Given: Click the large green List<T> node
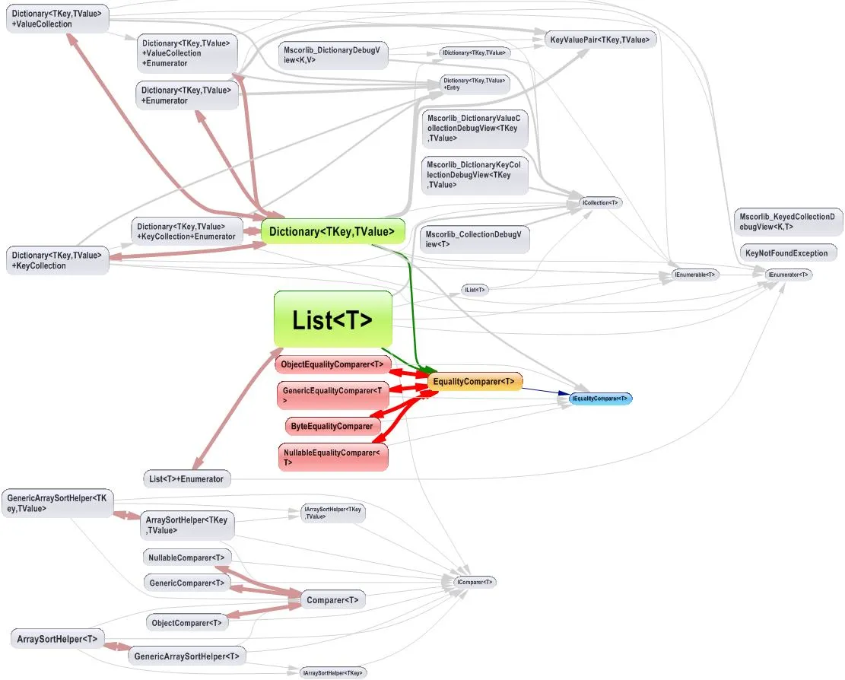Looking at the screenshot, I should coord(332,319).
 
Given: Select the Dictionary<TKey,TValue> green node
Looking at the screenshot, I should coord(332,232).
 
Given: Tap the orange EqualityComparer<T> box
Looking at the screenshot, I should coord(475,381).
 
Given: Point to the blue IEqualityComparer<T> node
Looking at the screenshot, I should coord(601,399).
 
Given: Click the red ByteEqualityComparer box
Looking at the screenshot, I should coord(332,426).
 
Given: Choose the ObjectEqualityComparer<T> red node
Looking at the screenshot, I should coord(332,364).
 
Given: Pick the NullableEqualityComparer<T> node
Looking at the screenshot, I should coord(332,457).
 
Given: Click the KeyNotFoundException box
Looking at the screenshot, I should coord(786,253).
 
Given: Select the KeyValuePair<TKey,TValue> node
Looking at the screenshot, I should coord(601,40).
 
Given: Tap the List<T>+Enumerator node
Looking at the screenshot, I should coord(187,479).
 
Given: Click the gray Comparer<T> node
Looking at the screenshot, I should coord(332,600).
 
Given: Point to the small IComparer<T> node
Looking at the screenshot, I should coord(475,582).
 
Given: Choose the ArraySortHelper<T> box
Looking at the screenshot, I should coord(57,639).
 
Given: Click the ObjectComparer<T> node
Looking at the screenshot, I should coord(187,622).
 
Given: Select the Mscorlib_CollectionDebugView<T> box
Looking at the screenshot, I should coord(474,239).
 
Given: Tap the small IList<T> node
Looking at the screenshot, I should coord(474,290).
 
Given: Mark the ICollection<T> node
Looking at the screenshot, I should coord(601,203).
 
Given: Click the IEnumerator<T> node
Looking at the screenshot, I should coord(788,275).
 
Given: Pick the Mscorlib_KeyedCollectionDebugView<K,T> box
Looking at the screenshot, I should coord(788,221).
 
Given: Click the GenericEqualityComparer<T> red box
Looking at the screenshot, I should coord(332,395).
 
